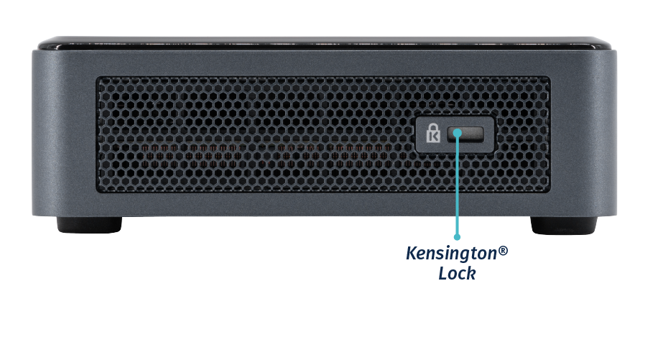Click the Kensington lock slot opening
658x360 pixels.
coord(468,134)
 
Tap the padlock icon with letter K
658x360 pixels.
coord(433,134)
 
